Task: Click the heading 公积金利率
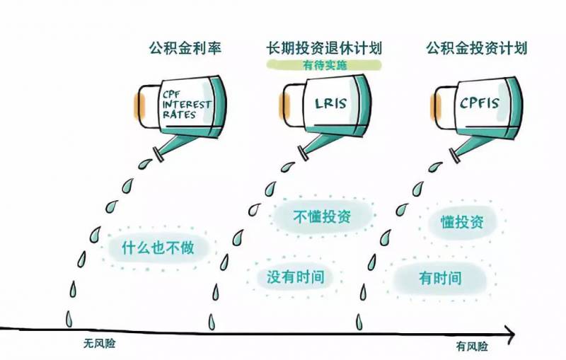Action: pyautogui.click(x=185, y=48)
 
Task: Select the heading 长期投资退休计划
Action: pyautogui.click(x=323, y=48)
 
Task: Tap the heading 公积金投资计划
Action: pyautogui.click(x=476, y=48)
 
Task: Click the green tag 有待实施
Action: pyautogui.click(x=324, y=65)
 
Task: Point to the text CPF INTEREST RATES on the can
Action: pyautogui.click(x=186, y=105)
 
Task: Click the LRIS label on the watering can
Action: pyautogui.click(x=330, y=104)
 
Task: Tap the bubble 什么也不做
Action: pyautogui.click(x=157, y=249)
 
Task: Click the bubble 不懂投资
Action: pyautogui.click(x=322, y=216)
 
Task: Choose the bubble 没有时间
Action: pyautogui.click(x=295, y=276)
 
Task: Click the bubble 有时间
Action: pyautogui.click(x=440, y=277)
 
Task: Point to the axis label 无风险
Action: pyautogui.click(x=100, y=343)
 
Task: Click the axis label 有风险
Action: pyautogui.click(x=472, y=346)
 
